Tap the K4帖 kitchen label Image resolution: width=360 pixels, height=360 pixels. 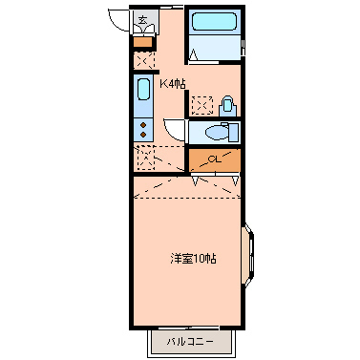point(173,84)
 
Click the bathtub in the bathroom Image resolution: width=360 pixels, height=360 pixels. point(214,24)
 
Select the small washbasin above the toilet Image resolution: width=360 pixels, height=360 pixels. point(227,104)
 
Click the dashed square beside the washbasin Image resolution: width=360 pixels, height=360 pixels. point(201,105)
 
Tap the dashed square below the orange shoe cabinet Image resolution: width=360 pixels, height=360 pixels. point(144,59)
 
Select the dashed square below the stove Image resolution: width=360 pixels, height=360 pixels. point(145,159)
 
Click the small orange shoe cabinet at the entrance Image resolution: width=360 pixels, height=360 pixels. point(143,40)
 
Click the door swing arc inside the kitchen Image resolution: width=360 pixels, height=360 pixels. point(173,129)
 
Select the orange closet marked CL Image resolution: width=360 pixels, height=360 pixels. point(212,159)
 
